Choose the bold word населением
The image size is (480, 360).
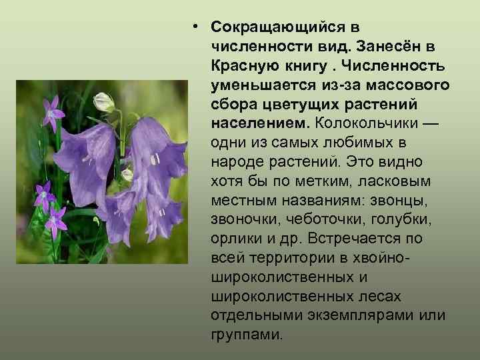tap(260, 124)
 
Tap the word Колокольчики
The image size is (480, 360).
tap(373, 124)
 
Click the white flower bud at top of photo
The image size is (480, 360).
tap(105, 103)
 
